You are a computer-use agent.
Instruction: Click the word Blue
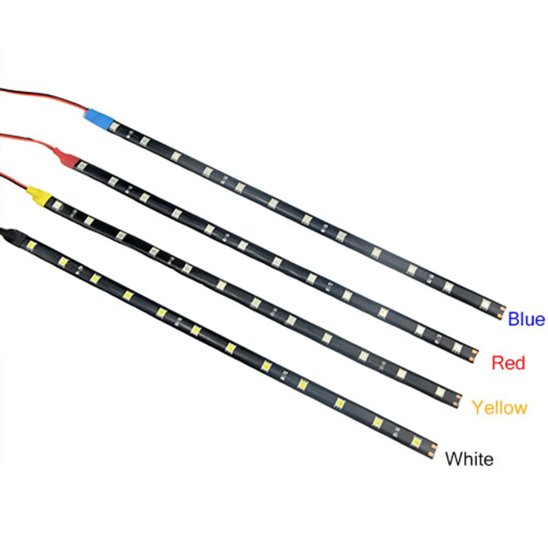(x=526, y=319)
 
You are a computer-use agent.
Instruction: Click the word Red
(x=508, y=362)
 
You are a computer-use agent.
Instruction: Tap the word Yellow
(x=499, y=407)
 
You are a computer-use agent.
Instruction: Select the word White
(x=469, y=458)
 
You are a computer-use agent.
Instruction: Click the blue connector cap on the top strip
(x=99, y=117)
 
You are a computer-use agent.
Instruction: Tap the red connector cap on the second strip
(x=68, y=157)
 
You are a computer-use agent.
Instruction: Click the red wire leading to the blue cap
(x=44, y=99)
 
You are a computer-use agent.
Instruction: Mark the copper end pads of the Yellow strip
(x=457, y=394)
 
